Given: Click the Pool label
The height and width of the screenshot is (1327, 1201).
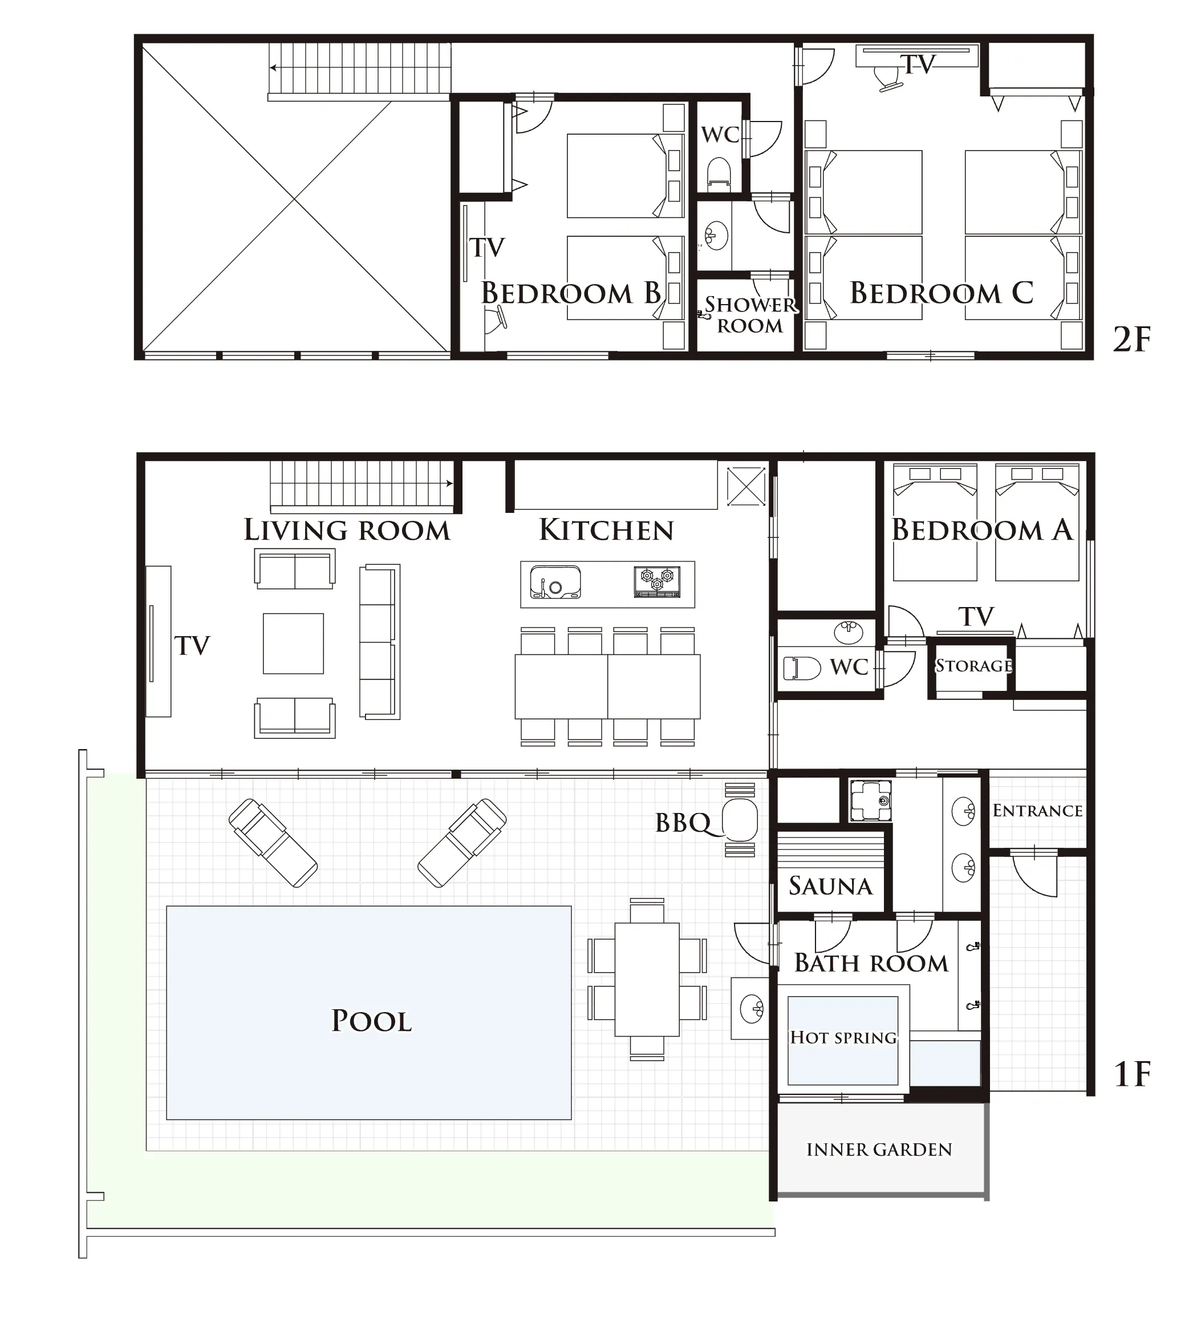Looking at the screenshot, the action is coord(371,1021).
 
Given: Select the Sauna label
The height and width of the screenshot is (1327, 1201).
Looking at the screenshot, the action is coord(830,886).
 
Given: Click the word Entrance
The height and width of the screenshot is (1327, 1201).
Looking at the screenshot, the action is coord(1037,810).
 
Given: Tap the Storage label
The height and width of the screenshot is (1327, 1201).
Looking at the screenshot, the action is coord(974,665).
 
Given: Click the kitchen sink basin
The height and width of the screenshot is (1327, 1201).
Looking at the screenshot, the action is coord(555,582).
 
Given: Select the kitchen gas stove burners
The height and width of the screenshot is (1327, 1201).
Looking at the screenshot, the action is coord(657,581).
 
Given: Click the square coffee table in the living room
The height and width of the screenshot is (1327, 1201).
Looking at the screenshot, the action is coord(293,643).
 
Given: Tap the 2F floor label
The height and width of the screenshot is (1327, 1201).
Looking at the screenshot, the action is coord(1131,339).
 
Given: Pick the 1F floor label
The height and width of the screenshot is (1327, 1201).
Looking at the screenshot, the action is coord(1132,1074).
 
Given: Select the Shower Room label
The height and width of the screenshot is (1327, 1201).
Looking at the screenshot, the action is coord(750,315).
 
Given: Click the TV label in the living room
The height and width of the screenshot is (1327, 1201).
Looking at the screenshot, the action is coord(192,646).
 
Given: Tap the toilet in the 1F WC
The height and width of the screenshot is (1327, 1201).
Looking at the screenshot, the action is coord(802,668).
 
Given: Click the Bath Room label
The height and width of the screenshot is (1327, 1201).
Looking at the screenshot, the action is coord(871,963).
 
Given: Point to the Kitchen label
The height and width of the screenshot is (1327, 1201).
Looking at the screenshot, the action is coord(606,530).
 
